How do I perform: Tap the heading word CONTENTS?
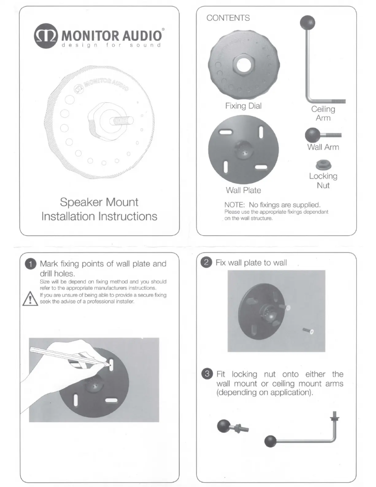[228, 18]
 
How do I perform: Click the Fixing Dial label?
[242, 106]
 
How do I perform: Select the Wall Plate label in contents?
[243, 191]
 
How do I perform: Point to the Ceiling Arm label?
[323, 114]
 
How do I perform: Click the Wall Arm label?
[323, 147]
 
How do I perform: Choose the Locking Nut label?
[323, 180]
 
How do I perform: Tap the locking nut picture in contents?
[323, 164]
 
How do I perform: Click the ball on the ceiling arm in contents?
[308, 23]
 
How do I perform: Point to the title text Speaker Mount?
[99, 203]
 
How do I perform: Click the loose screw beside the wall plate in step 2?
[308, 332]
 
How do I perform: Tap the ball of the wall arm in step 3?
[223, 426]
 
